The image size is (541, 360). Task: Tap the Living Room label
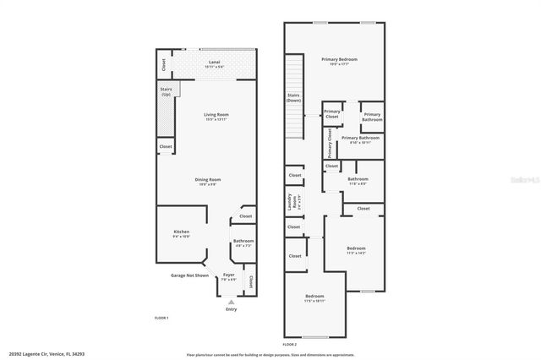click(x=216, y=116)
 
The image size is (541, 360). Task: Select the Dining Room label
click(x=208, y=180)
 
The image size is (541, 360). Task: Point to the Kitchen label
click(x=182, y=232)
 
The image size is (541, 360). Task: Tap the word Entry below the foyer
click(x=231, y=309)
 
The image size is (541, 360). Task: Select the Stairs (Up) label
click(x=166, y=90)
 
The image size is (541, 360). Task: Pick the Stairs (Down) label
click(x=294, y=98)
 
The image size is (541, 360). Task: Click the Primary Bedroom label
click(x=339, y=60)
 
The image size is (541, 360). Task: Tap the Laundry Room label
click(x=291, y=202)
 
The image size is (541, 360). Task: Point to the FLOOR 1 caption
click(x=161, y=318)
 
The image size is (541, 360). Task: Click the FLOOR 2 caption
click(x=290, y=345)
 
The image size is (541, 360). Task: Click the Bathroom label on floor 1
click(x=243, y=243)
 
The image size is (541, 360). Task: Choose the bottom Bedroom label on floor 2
click(x=314, y=297)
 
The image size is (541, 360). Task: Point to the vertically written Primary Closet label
click(x=330, y=142)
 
